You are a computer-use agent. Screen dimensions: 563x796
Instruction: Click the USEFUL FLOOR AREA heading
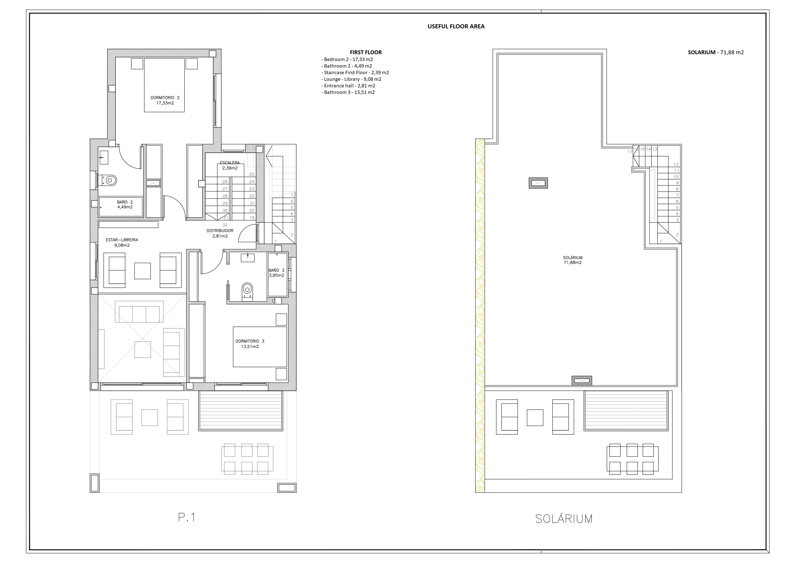pos(456,26)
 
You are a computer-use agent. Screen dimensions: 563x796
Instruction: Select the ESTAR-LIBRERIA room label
pos(122,242)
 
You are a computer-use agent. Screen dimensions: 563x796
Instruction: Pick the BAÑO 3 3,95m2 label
pos(276,273)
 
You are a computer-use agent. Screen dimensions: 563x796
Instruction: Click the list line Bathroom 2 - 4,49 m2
pos(348,66)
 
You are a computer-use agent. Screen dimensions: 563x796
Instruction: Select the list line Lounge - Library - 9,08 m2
pos(352,79)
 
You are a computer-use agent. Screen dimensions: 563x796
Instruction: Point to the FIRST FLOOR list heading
pos(366,52)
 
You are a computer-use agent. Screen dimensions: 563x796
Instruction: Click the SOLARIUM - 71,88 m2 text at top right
pos(715,52)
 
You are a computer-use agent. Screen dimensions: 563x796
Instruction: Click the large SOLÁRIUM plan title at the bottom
pos(564,519)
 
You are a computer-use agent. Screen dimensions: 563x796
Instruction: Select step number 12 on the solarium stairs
pos(676,165)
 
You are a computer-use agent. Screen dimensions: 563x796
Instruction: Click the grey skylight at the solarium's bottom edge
pos(581,381)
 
